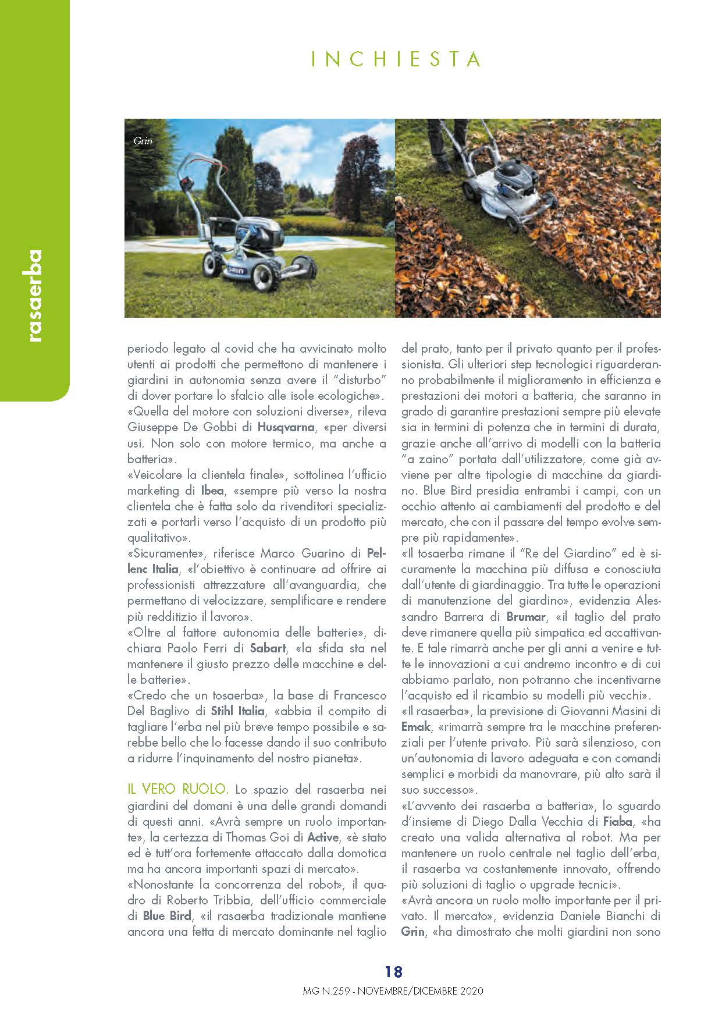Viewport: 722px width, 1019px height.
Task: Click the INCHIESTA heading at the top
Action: (x=396, y=60)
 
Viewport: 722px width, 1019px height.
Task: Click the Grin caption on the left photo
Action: (x=143, y=141)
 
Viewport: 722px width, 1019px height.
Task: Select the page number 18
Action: (x=393, y=971)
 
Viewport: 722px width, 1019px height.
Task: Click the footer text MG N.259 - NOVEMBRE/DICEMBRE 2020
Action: (x=393, y=990)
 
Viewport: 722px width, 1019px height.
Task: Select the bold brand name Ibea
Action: (x=213, y=491)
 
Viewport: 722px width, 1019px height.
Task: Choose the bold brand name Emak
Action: (x=415, y=726)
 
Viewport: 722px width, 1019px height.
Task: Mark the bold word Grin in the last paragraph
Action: (x=413, y=931)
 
